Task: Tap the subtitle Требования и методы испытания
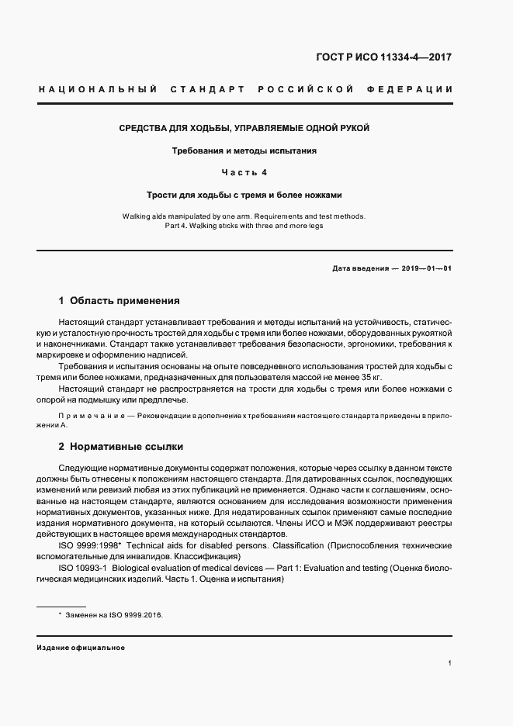(x=244, y=150)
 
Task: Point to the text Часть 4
(x=244, y=172)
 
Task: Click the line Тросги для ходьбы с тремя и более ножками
(x=244, y=195)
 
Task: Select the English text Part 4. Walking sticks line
(x=244, y=226)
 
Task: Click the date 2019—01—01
(x=426, y=268)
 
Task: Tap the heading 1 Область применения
(x=120, y=300)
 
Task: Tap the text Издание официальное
(x=80, y=647)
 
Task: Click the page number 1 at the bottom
(x=450, y=663)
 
